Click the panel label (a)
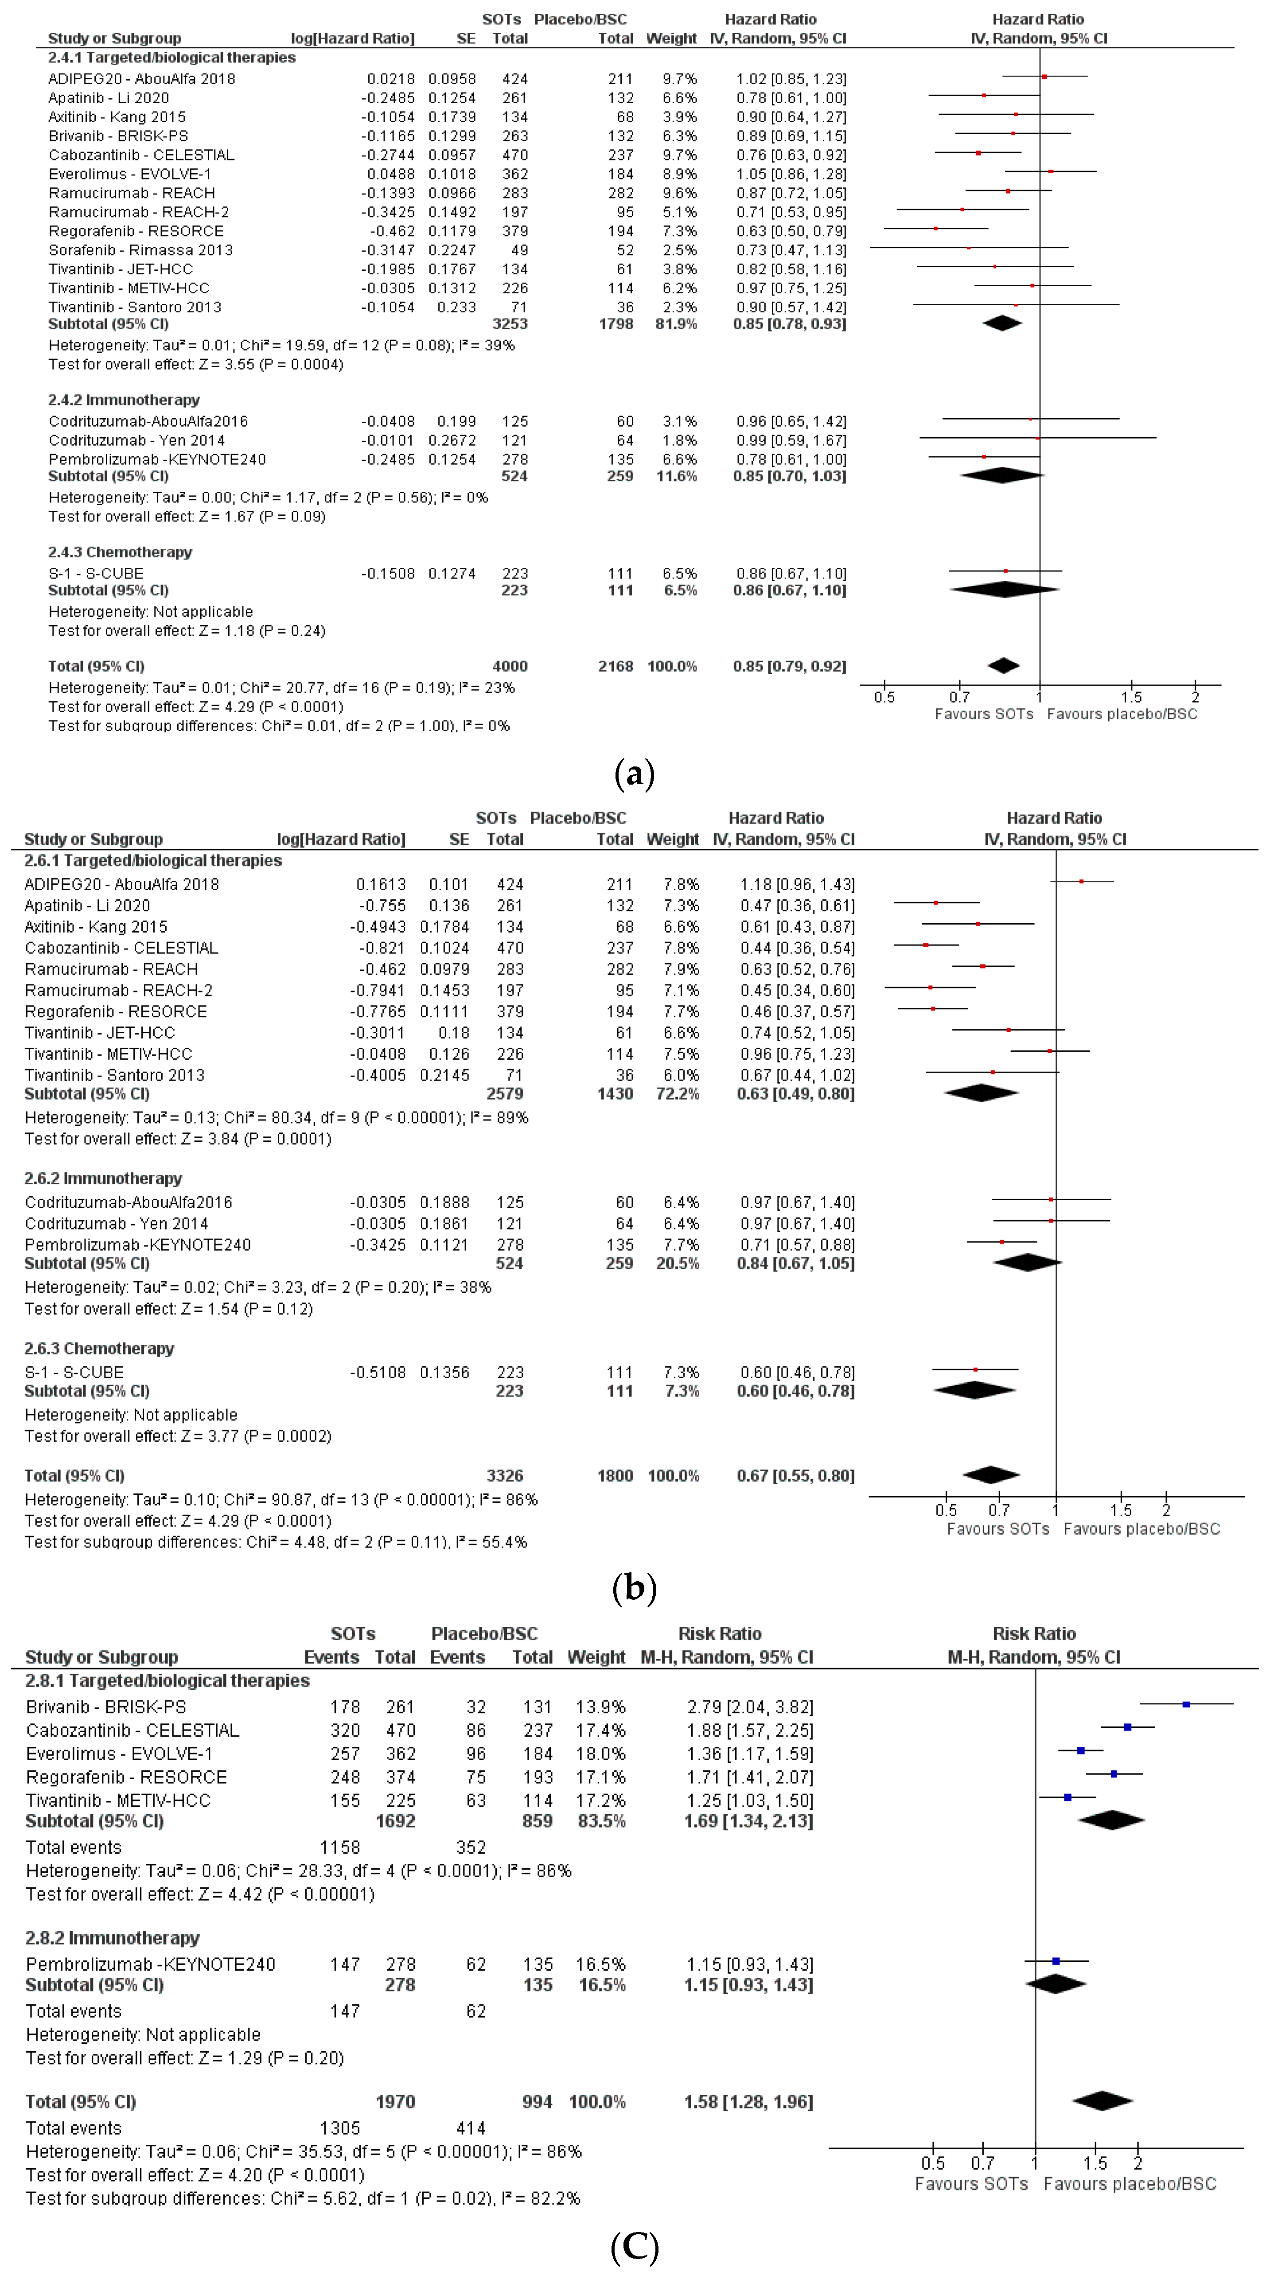pos(634,774)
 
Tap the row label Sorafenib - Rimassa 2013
pos(140,250)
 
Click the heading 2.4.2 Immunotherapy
pos(124,400)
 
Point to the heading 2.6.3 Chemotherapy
pos(99,1349)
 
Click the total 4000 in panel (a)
pos(510,666)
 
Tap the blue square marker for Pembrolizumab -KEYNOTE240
pos(1056,1960)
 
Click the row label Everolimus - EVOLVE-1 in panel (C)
pos(119,1753)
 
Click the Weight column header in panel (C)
pos(596,1657)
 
